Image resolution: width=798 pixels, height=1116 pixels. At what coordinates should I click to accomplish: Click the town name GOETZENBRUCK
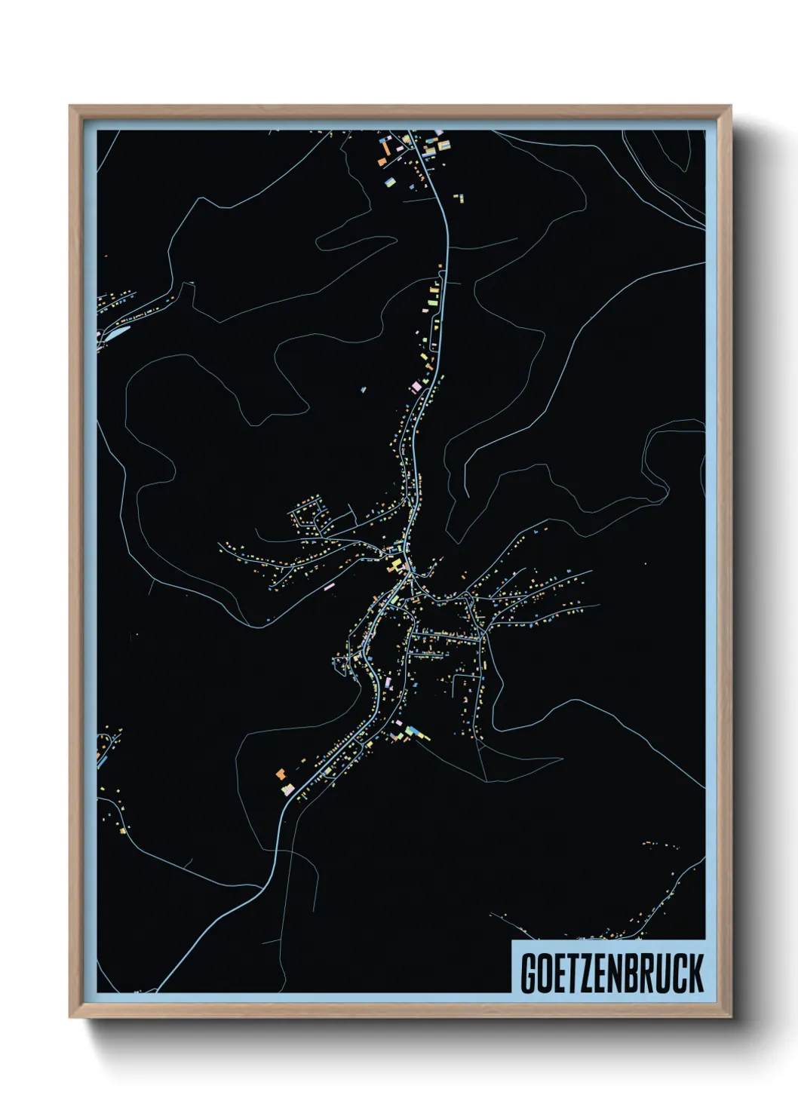(611, 973)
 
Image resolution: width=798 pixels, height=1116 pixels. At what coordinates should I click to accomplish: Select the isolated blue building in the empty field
(363, 390)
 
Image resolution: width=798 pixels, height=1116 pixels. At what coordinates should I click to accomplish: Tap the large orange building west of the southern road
(281, 774)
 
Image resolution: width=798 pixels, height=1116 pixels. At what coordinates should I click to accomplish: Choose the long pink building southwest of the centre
(328, 585)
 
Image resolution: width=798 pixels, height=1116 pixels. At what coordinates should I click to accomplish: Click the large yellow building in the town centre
(394, 563)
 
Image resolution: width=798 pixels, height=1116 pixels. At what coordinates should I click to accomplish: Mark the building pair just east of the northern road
(458, 199)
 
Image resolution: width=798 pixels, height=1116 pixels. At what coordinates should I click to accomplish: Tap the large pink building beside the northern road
(416, 387)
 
